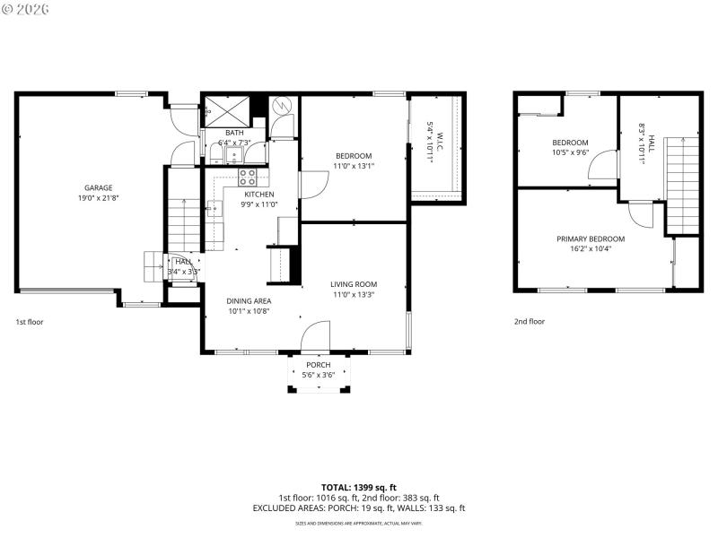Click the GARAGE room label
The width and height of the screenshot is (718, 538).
pyautogui.click(x=99, y=187)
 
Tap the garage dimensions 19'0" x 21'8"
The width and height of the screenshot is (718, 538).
pyautogui.click(x=99, y=197)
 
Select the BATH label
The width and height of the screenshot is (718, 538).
pyautogui.click(x=234, y=133)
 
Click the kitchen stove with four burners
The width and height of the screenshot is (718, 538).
pyautogui.click(x=248, y=176)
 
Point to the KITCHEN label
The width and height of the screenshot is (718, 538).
pyautogui.click(x=258, y=195)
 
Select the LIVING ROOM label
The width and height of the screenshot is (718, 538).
pyautogui.click(x=353, y=284)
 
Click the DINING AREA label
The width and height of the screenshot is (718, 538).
pyautogui.click(x=249, y=301)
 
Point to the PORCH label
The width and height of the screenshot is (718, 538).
pyautogui.click(x=318, y=365)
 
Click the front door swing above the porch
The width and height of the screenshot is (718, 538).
pyautogui.click(x=316, y=337)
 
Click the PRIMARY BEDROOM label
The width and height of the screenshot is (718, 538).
pyautogui.click(x=590, y=239)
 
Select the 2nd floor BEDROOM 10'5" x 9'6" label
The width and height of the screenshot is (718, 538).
pyautogui.click(x=570, y=143)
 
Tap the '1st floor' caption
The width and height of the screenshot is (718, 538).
pyautogui.click(x=29, y=321)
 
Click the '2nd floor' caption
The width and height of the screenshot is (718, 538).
pyautogui.click(x=529, y=321)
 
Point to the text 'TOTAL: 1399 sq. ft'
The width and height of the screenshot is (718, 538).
pyautogui.click(x=358, y=487)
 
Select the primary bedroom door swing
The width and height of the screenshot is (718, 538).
pyautogui.click(x=641, y=213)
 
